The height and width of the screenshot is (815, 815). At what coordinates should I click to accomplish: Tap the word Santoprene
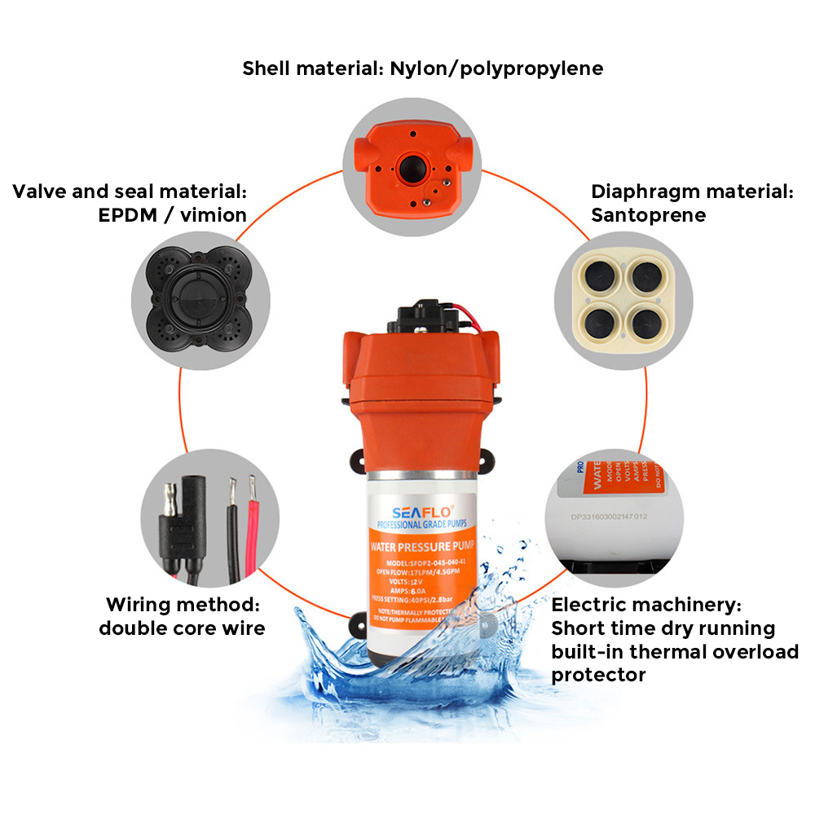(x=648, y=215)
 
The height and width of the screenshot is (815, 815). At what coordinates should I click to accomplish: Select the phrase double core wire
(x=182, y=628)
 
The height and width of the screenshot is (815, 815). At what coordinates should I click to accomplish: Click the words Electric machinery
(x=645, y=606)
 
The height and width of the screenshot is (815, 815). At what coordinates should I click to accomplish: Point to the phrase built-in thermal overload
(x=675, y=652)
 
